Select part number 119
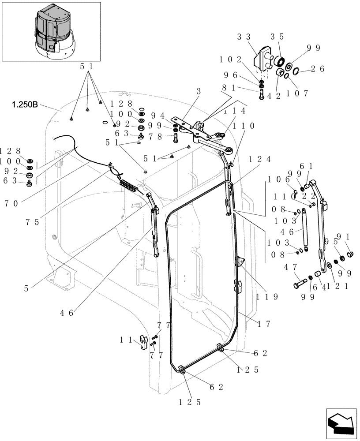click(x=266, y=297)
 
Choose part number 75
click(x=34, y=222)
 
